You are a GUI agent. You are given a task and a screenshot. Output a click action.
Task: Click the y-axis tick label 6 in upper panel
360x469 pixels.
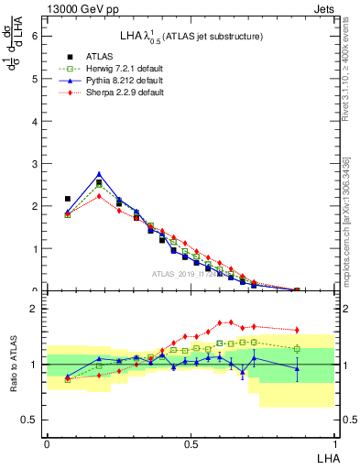(x=34, y=36)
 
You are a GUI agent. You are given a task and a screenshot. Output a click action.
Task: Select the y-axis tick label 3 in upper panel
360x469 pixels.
(x=34, y=163)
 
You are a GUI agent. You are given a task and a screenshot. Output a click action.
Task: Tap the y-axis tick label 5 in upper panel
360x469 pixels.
(x=34, y=78)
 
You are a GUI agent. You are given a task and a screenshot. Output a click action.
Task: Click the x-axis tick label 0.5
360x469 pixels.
(x=191, y=443)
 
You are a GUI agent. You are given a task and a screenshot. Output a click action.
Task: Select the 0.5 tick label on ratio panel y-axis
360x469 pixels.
(x=28, y=420)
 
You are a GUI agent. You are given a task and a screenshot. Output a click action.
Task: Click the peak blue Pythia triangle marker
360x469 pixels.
(x=99, y=173)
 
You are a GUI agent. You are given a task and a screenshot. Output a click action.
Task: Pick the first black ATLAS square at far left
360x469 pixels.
(x=67, y=199)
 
